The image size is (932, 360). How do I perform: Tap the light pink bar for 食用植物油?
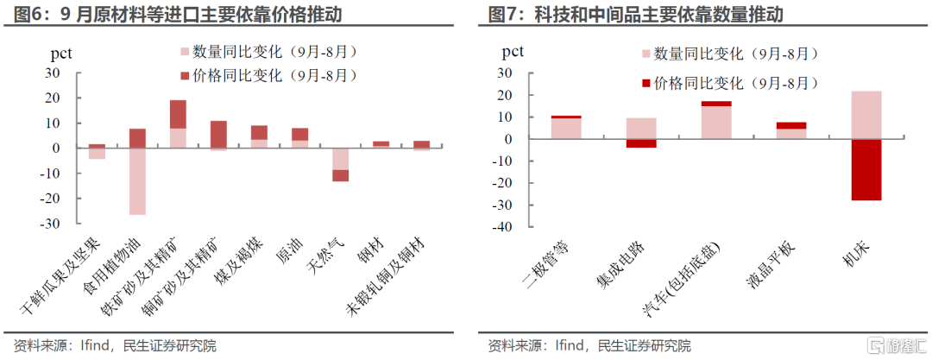[138, 181]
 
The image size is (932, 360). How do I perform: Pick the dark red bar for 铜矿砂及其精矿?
[218, 134]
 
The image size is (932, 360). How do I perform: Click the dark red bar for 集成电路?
[641, 143]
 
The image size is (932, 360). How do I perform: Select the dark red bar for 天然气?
[341, 175]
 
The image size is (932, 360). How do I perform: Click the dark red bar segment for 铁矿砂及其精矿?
[178, 114]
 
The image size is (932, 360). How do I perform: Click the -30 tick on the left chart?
[52, 224]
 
